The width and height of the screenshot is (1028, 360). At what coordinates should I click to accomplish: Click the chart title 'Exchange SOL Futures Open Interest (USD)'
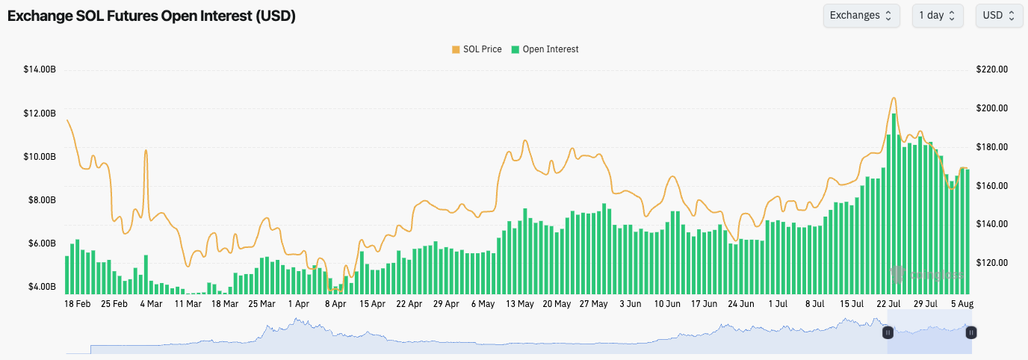tap(152, 16)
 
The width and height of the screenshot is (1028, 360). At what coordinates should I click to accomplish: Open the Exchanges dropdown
tap(861, 16)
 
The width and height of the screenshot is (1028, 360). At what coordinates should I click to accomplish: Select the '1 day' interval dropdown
tap(937, 16)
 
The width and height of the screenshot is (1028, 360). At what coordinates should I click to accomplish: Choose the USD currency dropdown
tap(999, 16)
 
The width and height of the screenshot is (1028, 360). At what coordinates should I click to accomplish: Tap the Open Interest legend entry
tap(545, 49)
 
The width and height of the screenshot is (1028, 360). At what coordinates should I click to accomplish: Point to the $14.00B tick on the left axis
tap(40, 70)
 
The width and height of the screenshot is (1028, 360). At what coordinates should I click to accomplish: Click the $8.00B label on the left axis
tap(40, 200)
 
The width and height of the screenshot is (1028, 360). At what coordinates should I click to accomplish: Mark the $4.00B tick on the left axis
tap(40, 287)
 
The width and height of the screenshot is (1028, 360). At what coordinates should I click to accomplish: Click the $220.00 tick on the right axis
tap(992, 70)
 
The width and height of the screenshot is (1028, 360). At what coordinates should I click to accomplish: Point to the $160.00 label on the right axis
tap(992, 186)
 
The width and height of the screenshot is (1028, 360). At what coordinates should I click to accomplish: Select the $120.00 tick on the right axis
tap(992, 263)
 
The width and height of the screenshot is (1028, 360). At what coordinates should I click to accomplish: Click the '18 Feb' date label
tap(78, 305)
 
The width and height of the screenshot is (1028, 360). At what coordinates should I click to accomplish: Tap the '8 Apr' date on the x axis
tap(335, 305)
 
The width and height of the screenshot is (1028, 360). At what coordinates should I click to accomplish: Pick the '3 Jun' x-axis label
tap(630, 305)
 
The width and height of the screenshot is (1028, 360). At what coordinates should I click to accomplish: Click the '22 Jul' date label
tap(888, 305)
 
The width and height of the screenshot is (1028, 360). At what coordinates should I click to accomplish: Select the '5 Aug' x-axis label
tap(962, 305)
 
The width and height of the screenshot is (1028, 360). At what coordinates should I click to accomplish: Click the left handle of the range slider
tap(888, 333)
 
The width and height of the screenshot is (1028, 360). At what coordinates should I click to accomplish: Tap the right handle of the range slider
tap(971, 333)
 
